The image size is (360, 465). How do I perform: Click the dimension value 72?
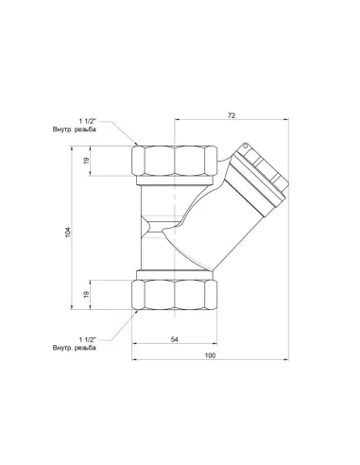pos(230,113)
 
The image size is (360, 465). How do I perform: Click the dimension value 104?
pos(67,231)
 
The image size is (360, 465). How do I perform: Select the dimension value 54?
pos(177,337)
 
